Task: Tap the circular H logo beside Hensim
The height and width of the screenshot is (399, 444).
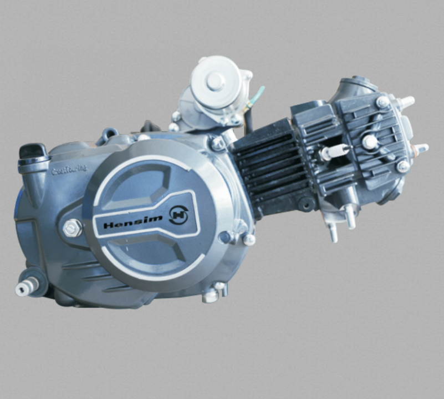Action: click(x=178, y=214)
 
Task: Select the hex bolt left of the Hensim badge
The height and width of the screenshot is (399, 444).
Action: click(x=72, y=227)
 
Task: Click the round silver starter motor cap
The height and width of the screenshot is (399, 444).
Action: click(x=215, y=82)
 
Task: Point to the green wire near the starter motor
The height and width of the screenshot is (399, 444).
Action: click(x=257, y=95)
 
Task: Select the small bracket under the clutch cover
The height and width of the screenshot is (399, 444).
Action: click(x=214, y=292)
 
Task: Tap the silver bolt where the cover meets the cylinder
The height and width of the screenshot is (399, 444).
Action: click(x=217, y=144)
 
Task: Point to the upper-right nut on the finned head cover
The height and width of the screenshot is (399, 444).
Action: click(x=382, y=102)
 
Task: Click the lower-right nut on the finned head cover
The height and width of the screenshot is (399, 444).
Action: click(x=403, y=166)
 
